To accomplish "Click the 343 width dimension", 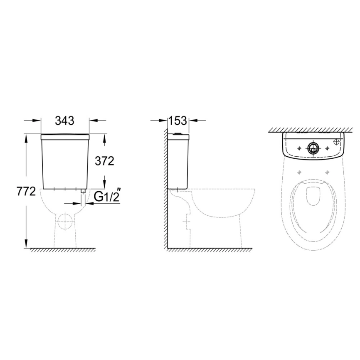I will pos(64,121).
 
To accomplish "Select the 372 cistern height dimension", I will pos(104,161).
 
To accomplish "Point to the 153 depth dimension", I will pos(178,121).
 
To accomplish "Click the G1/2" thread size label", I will pos(106,197).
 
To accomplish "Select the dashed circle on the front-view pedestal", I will pos(65,222).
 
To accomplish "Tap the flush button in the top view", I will pos(313,147).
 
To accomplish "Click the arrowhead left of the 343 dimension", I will pos(37,121).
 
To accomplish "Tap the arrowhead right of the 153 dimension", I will pos(193,121).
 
